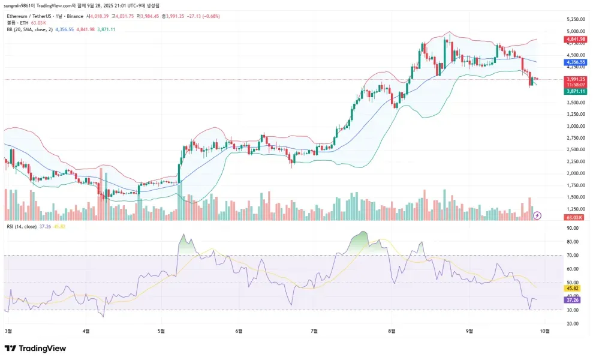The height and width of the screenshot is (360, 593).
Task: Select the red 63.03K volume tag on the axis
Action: tap(575, 217)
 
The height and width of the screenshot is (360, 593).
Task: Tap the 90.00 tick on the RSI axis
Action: tap(573, 228)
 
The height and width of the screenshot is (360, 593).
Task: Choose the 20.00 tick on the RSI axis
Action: tap(573, 323)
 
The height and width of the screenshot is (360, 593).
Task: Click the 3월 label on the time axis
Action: tap(8, 331)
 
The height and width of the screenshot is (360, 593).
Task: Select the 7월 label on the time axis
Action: tap(314, 331)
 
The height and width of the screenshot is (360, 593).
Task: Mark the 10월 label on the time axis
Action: tap(544, 331)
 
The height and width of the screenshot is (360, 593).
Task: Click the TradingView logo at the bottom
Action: tap(35, 349)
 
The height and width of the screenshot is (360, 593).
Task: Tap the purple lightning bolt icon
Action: tap(537, 215)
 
